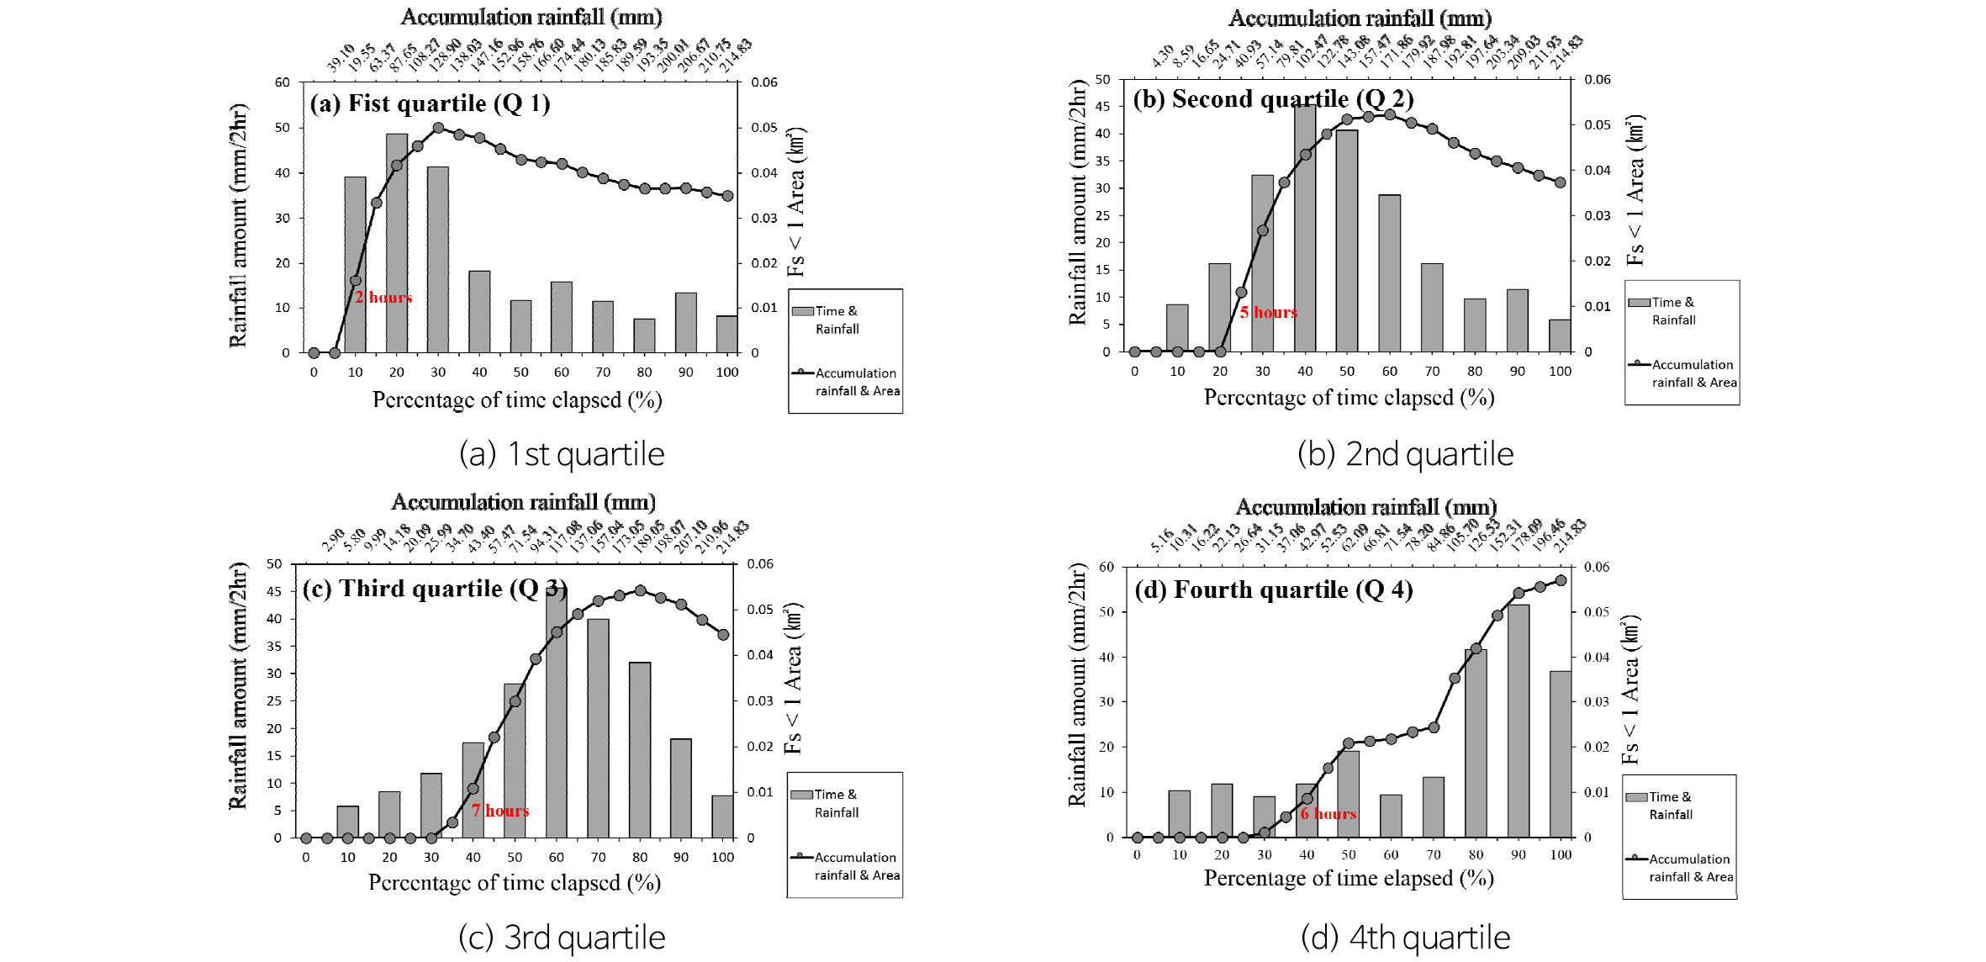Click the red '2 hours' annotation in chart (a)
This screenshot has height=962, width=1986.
383,298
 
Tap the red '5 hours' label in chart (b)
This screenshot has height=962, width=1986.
1268,313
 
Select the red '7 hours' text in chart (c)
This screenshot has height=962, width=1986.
500,811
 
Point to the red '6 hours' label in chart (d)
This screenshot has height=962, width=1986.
1328,814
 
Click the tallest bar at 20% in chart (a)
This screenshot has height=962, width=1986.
397,244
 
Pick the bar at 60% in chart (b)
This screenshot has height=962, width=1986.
1390,273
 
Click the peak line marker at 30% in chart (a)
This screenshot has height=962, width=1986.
438,128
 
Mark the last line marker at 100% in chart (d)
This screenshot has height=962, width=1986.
1561,580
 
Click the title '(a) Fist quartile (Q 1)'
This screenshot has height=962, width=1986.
430,103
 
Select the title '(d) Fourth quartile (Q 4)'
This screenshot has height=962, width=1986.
1273,589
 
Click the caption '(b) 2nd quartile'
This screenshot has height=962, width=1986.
1405,454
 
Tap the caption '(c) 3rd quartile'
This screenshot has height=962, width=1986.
562,938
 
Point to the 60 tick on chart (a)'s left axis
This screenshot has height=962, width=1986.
283,82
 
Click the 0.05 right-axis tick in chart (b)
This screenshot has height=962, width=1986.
1598,125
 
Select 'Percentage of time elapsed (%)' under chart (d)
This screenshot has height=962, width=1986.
1349,878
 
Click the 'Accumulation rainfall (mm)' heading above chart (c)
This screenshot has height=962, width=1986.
523,502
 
